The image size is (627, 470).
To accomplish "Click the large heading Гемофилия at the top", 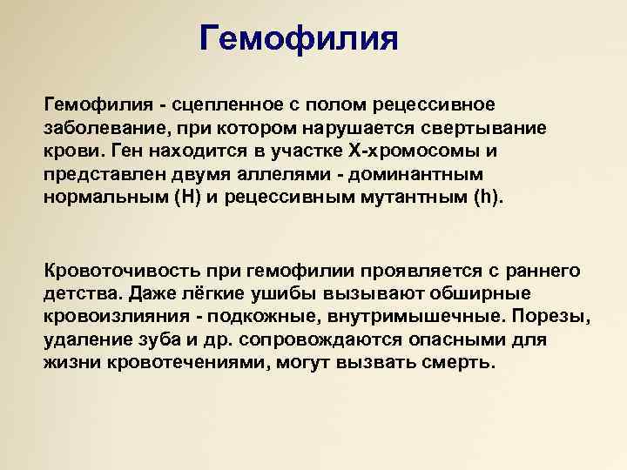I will click(299, 38).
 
